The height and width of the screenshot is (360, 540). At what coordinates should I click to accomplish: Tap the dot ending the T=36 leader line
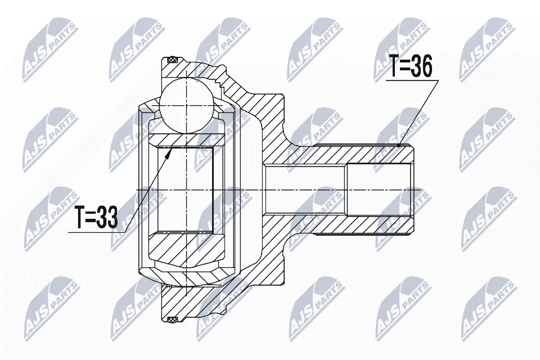pyautogui.click(x=400, y=145)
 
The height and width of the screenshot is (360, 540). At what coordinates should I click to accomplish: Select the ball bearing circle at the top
pyautogui.click(x=187, y=105)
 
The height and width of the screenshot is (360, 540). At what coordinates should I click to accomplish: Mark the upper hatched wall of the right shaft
pyautogui.click(x=360, y=154)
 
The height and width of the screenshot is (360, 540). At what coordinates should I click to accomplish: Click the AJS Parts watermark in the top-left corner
pyautogui.click(x=48, y=48)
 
